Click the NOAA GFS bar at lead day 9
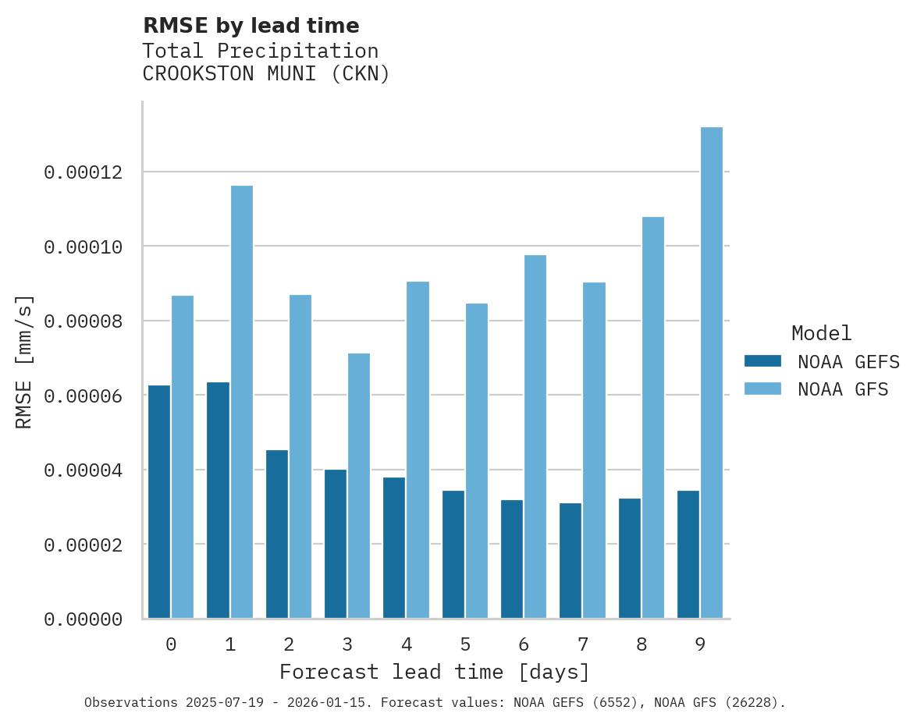pos(711,373)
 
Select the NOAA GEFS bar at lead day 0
pos(159,502)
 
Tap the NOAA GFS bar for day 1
pos(241,402)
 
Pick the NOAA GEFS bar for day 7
pos(570,561)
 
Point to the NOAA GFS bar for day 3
pos(359,486)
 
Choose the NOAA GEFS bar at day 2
pos(277,534)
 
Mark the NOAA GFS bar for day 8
pos(652,417)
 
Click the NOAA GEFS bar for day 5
pos(453,555)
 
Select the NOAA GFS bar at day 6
pos(535,437)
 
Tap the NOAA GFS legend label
pos(843,389)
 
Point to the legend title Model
pos(821,334)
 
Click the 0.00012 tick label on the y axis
pos(84,172)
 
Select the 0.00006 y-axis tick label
pos(84,396)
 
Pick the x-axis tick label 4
pos(407,645)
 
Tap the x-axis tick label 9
pos(700,645)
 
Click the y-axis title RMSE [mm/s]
pos(24,361)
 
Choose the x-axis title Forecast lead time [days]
pos(435,672)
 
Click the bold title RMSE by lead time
pos(251,26)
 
